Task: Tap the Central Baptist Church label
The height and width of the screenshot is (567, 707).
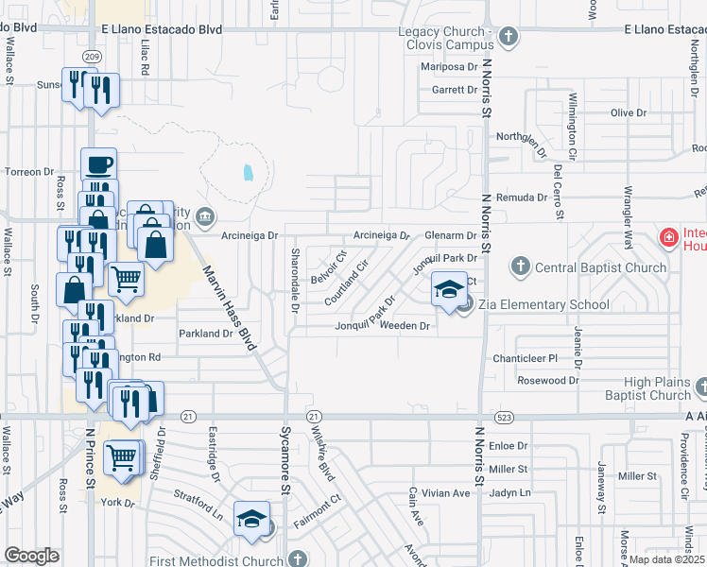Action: pyautogui.click(x=600, y=267)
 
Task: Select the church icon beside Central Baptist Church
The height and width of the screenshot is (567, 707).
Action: pyautogui.click(x=519, y=267)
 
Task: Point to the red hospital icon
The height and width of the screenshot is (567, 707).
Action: pyautogui.click(x=668, y=236)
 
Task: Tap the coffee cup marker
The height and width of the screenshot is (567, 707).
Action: pyautogui.click(x=98, y=164)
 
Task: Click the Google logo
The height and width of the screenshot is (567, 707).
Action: pyautogui.click(x=31, y=556)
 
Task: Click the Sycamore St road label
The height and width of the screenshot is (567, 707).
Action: pyautogui.click(x=283, y=472)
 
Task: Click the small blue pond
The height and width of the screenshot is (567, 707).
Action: pyautogui.click(x=248, y=173)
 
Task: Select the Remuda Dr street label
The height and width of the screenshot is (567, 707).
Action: pyautogui.click(x=529, y=198)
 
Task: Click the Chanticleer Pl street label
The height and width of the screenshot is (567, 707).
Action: pyautogui.click(x=526, y=359)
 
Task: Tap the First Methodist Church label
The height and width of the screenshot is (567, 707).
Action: pyautogui.click(x=216, y=560)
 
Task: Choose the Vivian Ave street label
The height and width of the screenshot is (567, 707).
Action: pyautogui.click(x=446, y=493)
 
